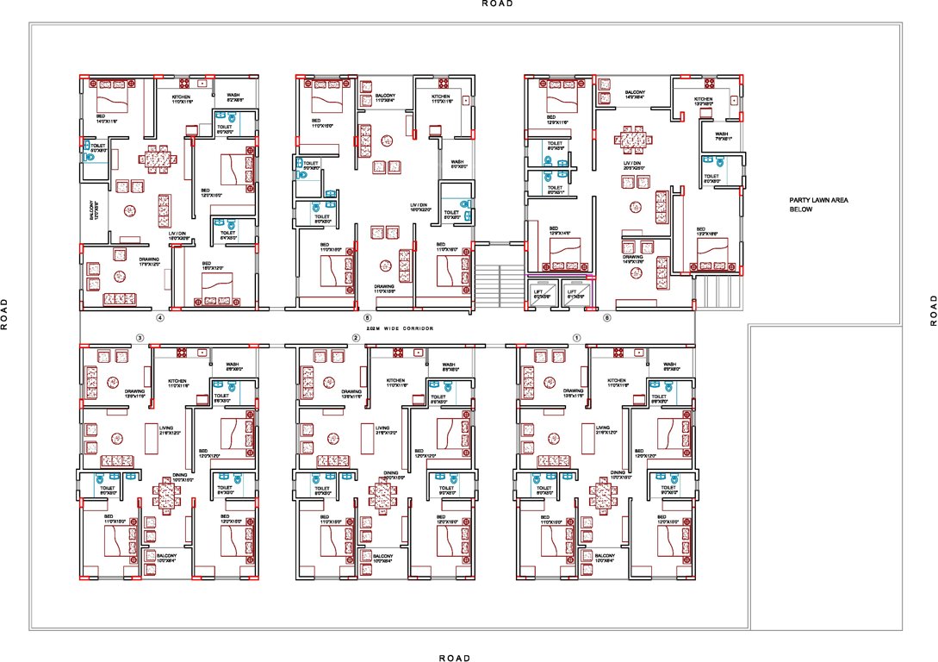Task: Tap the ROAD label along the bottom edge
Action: [454, 658]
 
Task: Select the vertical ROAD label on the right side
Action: [933, 310]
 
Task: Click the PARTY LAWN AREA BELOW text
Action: [819, 204]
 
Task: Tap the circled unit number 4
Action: [158, 317]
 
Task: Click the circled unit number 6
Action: [607, 317]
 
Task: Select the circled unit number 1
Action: [576, 337]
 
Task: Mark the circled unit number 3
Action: [140, 337]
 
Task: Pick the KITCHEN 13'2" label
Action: [704, 102]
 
